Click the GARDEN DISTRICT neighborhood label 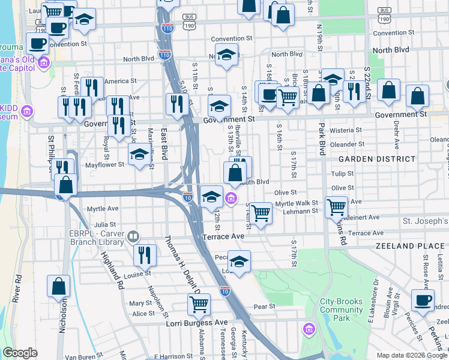(x=376, y=159)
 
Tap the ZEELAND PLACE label (x=411, y=246)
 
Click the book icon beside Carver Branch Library (x=133, y=238)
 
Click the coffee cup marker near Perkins (x=423, y=298)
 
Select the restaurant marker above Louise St (x=145, y=254)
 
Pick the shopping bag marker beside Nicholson (x=59, y=286)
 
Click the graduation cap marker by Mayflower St (x=139, y=154)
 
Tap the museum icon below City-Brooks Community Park (x=310, y=329)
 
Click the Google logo (x=20, y=353)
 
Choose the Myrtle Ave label (x=102, y=209)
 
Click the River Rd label (x=18, y=289)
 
